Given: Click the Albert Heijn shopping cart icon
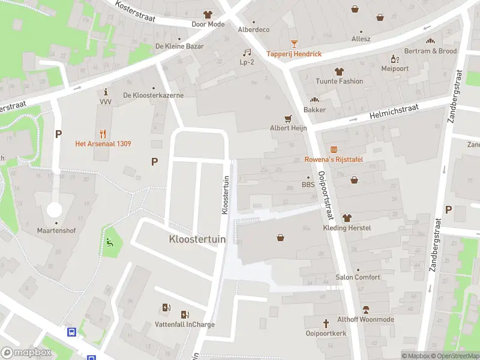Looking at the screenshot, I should [288, 119].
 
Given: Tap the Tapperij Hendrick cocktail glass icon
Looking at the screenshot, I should [294, 44].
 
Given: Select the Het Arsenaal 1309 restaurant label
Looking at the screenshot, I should [103, 143].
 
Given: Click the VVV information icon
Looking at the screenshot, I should [106, 92].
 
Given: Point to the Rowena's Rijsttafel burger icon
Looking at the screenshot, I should [334, 149].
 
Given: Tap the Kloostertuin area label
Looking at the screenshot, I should [197, 239].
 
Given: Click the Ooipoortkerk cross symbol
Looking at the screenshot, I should [326, 323].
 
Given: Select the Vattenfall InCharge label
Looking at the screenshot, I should [176, 325].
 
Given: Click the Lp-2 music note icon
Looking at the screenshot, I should [247, 53].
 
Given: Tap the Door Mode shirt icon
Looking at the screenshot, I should [208, 14].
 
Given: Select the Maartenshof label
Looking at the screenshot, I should [55, 230].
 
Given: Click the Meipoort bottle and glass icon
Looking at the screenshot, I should [395, 59].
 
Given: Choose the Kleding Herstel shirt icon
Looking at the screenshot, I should [346, 218].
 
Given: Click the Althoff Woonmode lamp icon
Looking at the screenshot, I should [365, 310].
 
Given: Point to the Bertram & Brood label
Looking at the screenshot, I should [430, 51].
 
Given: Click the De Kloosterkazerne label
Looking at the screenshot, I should [153, 95].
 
